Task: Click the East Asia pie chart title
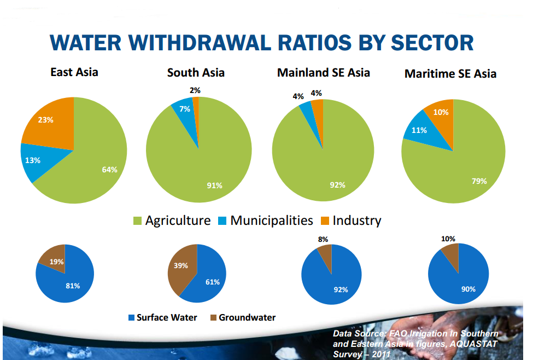coord(74,72)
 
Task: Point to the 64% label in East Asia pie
coord(109,169)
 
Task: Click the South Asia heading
coord(196,72)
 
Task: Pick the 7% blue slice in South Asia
coord(184,111)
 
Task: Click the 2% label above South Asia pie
coord(195,90)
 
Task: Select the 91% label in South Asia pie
coord(214,185)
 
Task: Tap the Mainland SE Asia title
coord(324,72)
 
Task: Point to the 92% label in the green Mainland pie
coord(338,185)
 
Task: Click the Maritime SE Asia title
coord(450,73)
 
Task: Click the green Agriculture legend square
coord(137,221)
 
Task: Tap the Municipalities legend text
coord(271,220)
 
